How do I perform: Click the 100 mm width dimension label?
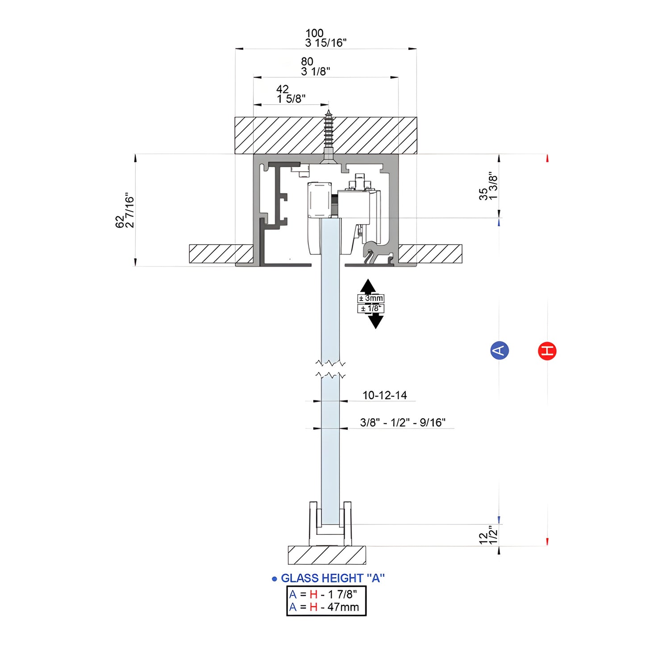[x=314, y=33]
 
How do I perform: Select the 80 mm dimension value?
[x=307, y=62]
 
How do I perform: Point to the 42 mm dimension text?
[x=283, y=89]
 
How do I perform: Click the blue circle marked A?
[x=499, y=350]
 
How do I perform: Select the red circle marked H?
[x=547, y=351]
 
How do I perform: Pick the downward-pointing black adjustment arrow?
[x=375, y=321]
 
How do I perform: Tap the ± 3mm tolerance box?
[x=371, y=299]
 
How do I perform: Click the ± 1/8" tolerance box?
[x=370, y=308]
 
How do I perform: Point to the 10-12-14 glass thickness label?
[x=384, y=395]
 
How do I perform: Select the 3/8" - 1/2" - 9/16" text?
[x=403, y=423]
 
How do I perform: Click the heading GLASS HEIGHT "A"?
[x=333, y=578]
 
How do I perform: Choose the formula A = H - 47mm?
[x=325, y=607]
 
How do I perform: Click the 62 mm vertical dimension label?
[x=120, y=222]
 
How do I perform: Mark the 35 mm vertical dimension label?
[x=483, y=194]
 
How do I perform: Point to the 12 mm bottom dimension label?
[x=483, y=538]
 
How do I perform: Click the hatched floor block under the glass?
[x=327, y=555]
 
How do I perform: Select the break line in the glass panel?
[x=330, y=369]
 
